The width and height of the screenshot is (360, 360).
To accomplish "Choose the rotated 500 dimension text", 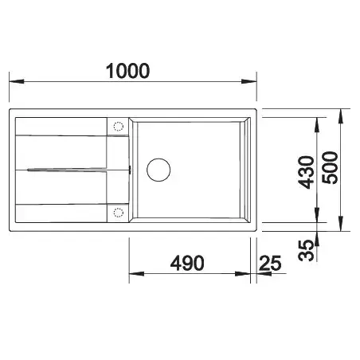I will [x=333, y=168].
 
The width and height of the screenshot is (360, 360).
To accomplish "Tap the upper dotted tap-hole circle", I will [x=118, y=127].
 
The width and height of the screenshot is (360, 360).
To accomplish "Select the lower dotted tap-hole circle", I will [x=118, y=212].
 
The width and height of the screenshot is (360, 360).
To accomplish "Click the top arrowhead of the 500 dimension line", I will [x=341, y=112].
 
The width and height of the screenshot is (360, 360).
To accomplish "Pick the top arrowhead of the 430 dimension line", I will [x=318, y=121].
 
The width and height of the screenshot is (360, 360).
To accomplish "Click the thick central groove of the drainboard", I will [x=72, y=169].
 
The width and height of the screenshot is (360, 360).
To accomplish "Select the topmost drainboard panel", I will [x=60, y=127].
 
